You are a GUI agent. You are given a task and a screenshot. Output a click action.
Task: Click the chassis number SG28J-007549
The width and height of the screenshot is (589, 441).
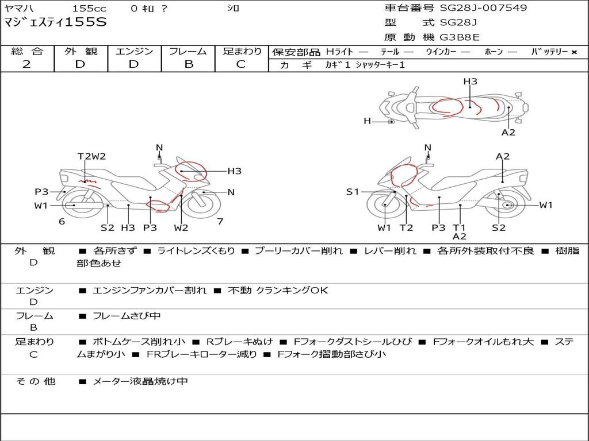pyautogui.click(x=483, y=7)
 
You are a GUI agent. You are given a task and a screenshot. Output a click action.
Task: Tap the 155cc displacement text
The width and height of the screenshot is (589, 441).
pyautogui.click(x=89, y=8)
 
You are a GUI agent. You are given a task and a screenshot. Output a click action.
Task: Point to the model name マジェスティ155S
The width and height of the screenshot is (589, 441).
pyautogui.click(x=55, y=22)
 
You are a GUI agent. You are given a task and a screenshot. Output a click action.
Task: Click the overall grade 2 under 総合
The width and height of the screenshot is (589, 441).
pyautogui.click(x=26, y=64)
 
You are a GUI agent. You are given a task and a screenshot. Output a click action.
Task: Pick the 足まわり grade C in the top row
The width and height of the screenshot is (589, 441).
pyautogui.click(x=241, y=64)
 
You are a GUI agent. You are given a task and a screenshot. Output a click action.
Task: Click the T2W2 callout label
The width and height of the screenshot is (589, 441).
pyautogui.click(x=91, y=156)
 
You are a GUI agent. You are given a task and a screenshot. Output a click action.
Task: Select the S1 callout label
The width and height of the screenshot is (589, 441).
pyautogui.click(x=353, y=192)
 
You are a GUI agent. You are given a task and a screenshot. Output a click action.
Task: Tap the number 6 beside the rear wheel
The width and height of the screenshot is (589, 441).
pyautogui.click(x=62, y=222)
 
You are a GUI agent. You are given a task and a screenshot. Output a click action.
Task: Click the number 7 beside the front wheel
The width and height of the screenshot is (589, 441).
pyautogui.click(x=220, y=222)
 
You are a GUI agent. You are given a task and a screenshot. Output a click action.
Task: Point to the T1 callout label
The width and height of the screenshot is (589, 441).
pyautogui.click(x=459, y=227)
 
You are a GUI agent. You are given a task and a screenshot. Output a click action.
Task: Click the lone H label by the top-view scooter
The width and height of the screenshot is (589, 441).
pyautogui.click(x=367, y=121)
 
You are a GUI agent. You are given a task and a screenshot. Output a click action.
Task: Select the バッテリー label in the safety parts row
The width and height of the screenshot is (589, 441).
pyautogui.click(x=549, y=52)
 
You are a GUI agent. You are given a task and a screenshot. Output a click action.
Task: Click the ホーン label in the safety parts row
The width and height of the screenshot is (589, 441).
pyautogui.click(x=494, y=52)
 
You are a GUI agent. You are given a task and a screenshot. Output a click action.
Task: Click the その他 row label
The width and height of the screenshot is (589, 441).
pyautogui.click(x=36, y=381)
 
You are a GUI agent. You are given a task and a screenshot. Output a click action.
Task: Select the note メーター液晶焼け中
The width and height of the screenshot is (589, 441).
pyautogui.click(x=140, y=381)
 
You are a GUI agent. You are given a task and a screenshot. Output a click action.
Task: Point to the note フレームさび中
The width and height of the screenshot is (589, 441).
pyautogui.click(x=127, y=316)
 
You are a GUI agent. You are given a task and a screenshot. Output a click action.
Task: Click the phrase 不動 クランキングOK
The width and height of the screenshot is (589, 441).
pyautogui.click(x=278, y=290)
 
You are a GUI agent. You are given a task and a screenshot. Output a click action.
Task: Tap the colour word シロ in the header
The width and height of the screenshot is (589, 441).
pyautogui.click(x=233, y=8)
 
